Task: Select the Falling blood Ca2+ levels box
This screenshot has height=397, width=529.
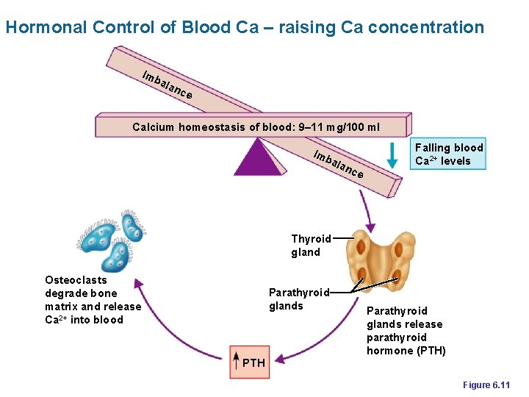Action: coord(448,154)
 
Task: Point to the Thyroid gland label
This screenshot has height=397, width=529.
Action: coord(311,246)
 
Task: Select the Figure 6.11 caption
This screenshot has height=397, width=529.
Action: coord(491,385)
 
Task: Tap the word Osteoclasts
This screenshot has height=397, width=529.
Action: coord(76,280)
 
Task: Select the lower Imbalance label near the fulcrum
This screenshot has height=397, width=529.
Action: coord(337,164)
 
